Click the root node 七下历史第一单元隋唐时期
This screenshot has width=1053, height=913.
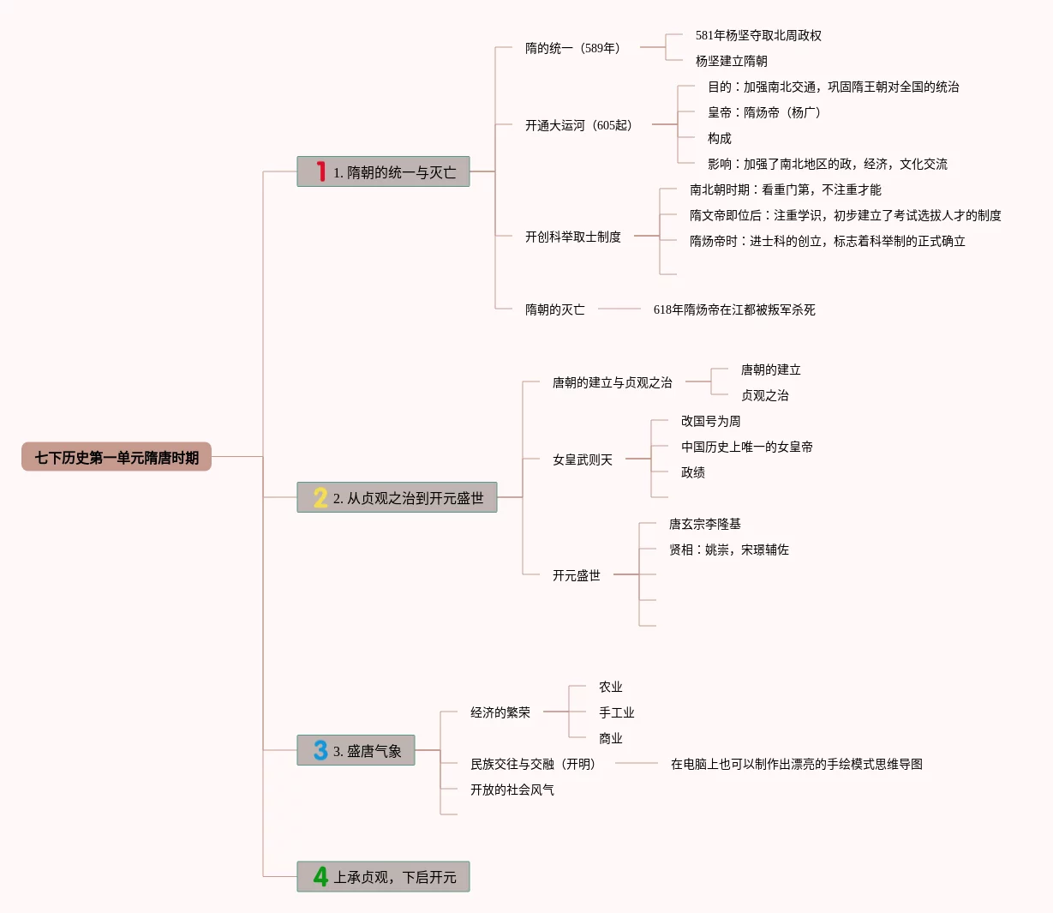(117, 457)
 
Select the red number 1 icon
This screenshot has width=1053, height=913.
(320, 171)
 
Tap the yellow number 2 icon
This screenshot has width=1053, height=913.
(320, 497)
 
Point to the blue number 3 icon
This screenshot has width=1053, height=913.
(320, 750)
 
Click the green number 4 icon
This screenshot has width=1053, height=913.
(320, 876)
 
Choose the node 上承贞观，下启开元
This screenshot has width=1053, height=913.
(395, 877)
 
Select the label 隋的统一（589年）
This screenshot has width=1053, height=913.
(572, 48)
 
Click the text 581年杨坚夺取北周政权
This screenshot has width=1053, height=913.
(758, 35)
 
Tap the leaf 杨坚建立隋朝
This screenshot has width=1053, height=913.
(731, 61)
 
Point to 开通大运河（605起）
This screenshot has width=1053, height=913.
(578, 125)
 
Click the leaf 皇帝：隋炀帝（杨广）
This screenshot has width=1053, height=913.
(763, 112)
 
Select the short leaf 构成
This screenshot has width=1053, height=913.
(719, 138)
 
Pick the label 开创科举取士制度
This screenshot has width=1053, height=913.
(572, 237)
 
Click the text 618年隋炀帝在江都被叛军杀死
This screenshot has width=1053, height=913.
(734, 309)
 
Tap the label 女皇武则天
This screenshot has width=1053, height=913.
(582, 460)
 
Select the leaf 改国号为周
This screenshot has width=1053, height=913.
(710, 421)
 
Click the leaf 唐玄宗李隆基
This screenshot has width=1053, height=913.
(704, 524)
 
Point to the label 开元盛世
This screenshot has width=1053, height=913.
(576, 575)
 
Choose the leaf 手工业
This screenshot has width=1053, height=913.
(616, 712)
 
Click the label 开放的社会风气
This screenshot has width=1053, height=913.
(512, 790)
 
